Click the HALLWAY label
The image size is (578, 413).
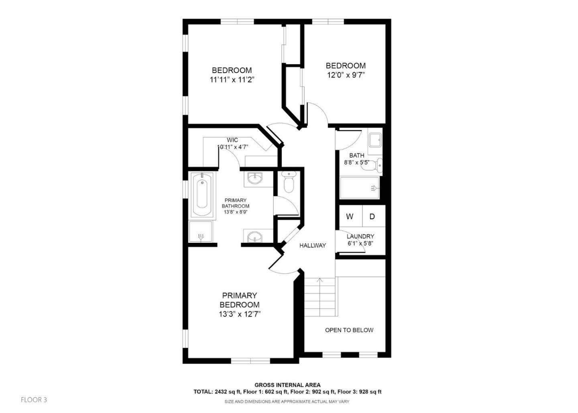coord(312,245)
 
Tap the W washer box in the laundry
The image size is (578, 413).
coord(350,217)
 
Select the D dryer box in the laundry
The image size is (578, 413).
coord(372,217)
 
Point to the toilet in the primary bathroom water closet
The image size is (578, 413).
coord(289,183)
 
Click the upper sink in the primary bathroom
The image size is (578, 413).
coord(254,178)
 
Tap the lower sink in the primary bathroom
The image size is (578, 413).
coord(254,237)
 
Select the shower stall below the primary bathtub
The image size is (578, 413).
coord(201,232)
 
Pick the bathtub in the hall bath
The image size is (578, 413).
coord(359,188)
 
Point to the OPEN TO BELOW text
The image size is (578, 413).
coord(349,330)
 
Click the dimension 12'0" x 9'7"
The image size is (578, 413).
coord(346,75)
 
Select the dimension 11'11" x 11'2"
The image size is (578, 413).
coord(232,79)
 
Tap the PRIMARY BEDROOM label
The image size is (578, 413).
coord(239,300)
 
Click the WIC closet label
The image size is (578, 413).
coord(232,140)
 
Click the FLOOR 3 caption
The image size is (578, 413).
coord(34,400)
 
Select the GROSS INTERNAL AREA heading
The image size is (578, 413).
coord(287,385)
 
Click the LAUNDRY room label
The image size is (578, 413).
coord(360,236)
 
